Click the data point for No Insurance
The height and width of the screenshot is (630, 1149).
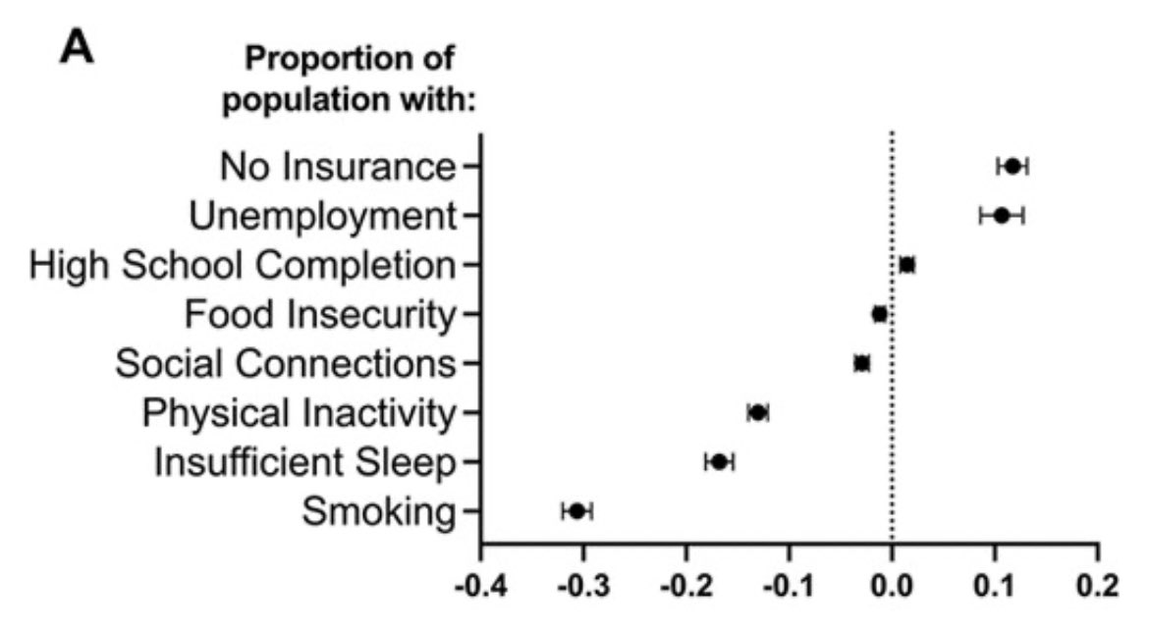1012,166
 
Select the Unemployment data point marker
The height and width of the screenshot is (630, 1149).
1002,215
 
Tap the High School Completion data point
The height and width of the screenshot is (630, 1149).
907,265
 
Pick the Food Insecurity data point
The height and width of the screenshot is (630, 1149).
880,314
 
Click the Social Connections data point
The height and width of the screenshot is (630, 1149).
862,363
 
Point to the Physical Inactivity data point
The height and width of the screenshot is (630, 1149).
758,412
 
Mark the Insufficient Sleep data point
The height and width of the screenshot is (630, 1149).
719,462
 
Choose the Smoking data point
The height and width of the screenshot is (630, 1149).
577,511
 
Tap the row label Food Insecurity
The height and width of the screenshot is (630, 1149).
321,314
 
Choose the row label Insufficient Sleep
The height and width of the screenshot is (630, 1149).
305,462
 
